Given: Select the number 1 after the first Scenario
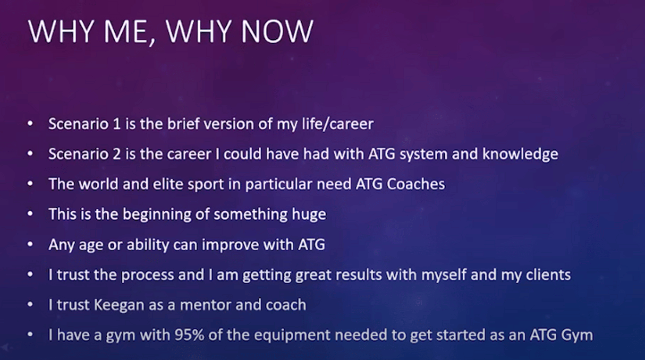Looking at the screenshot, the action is [116, 124].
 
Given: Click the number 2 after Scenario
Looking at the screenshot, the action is [116, 154].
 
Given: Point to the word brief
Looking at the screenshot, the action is [183, 124].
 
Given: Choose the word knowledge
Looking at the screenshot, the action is [520, 154].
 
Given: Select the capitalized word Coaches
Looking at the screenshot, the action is [416, 184].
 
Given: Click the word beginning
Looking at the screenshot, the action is [157, 214].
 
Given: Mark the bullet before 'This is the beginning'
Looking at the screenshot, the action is [30, 214].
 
